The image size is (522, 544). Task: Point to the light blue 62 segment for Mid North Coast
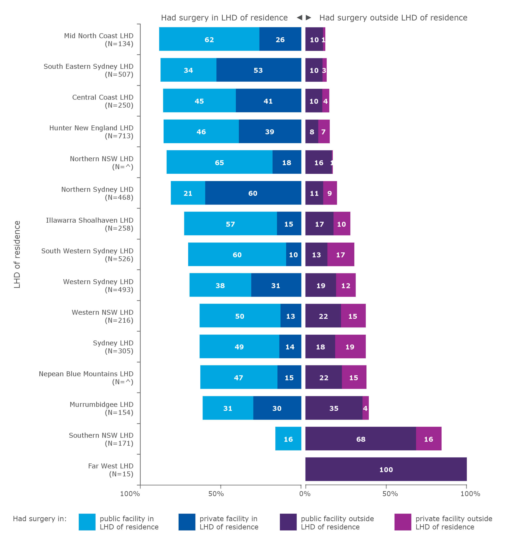coord(209,39)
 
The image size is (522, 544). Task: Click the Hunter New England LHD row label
coord(91,132)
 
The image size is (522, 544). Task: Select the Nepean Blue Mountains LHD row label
coord(86,378)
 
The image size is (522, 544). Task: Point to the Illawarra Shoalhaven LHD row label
coord(90,224)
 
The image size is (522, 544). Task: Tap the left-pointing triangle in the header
coord(299,17)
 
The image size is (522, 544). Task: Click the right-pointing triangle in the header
coord(308,17)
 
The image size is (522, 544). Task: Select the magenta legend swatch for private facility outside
coord(402,522)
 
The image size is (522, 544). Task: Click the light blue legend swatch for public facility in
coord(87,522)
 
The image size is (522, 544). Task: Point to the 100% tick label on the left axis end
coord(130,494)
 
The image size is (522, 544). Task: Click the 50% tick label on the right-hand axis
coord(390,494)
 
